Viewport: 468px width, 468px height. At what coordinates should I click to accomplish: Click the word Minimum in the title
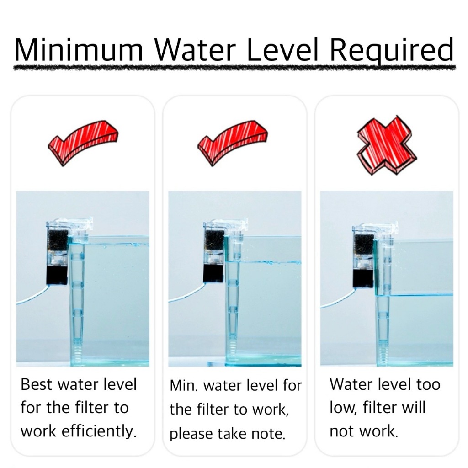click(x=79, y=49)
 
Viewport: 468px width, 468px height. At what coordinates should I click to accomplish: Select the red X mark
click(x=387, y=145)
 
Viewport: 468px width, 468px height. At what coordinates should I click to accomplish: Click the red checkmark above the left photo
click(x=83, y=143)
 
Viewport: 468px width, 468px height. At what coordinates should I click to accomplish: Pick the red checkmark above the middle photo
click(x=232, y=143)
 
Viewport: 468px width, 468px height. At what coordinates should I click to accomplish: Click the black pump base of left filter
click(x=57, y=275)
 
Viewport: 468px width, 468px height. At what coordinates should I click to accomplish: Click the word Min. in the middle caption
click(x=184, y=386)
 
